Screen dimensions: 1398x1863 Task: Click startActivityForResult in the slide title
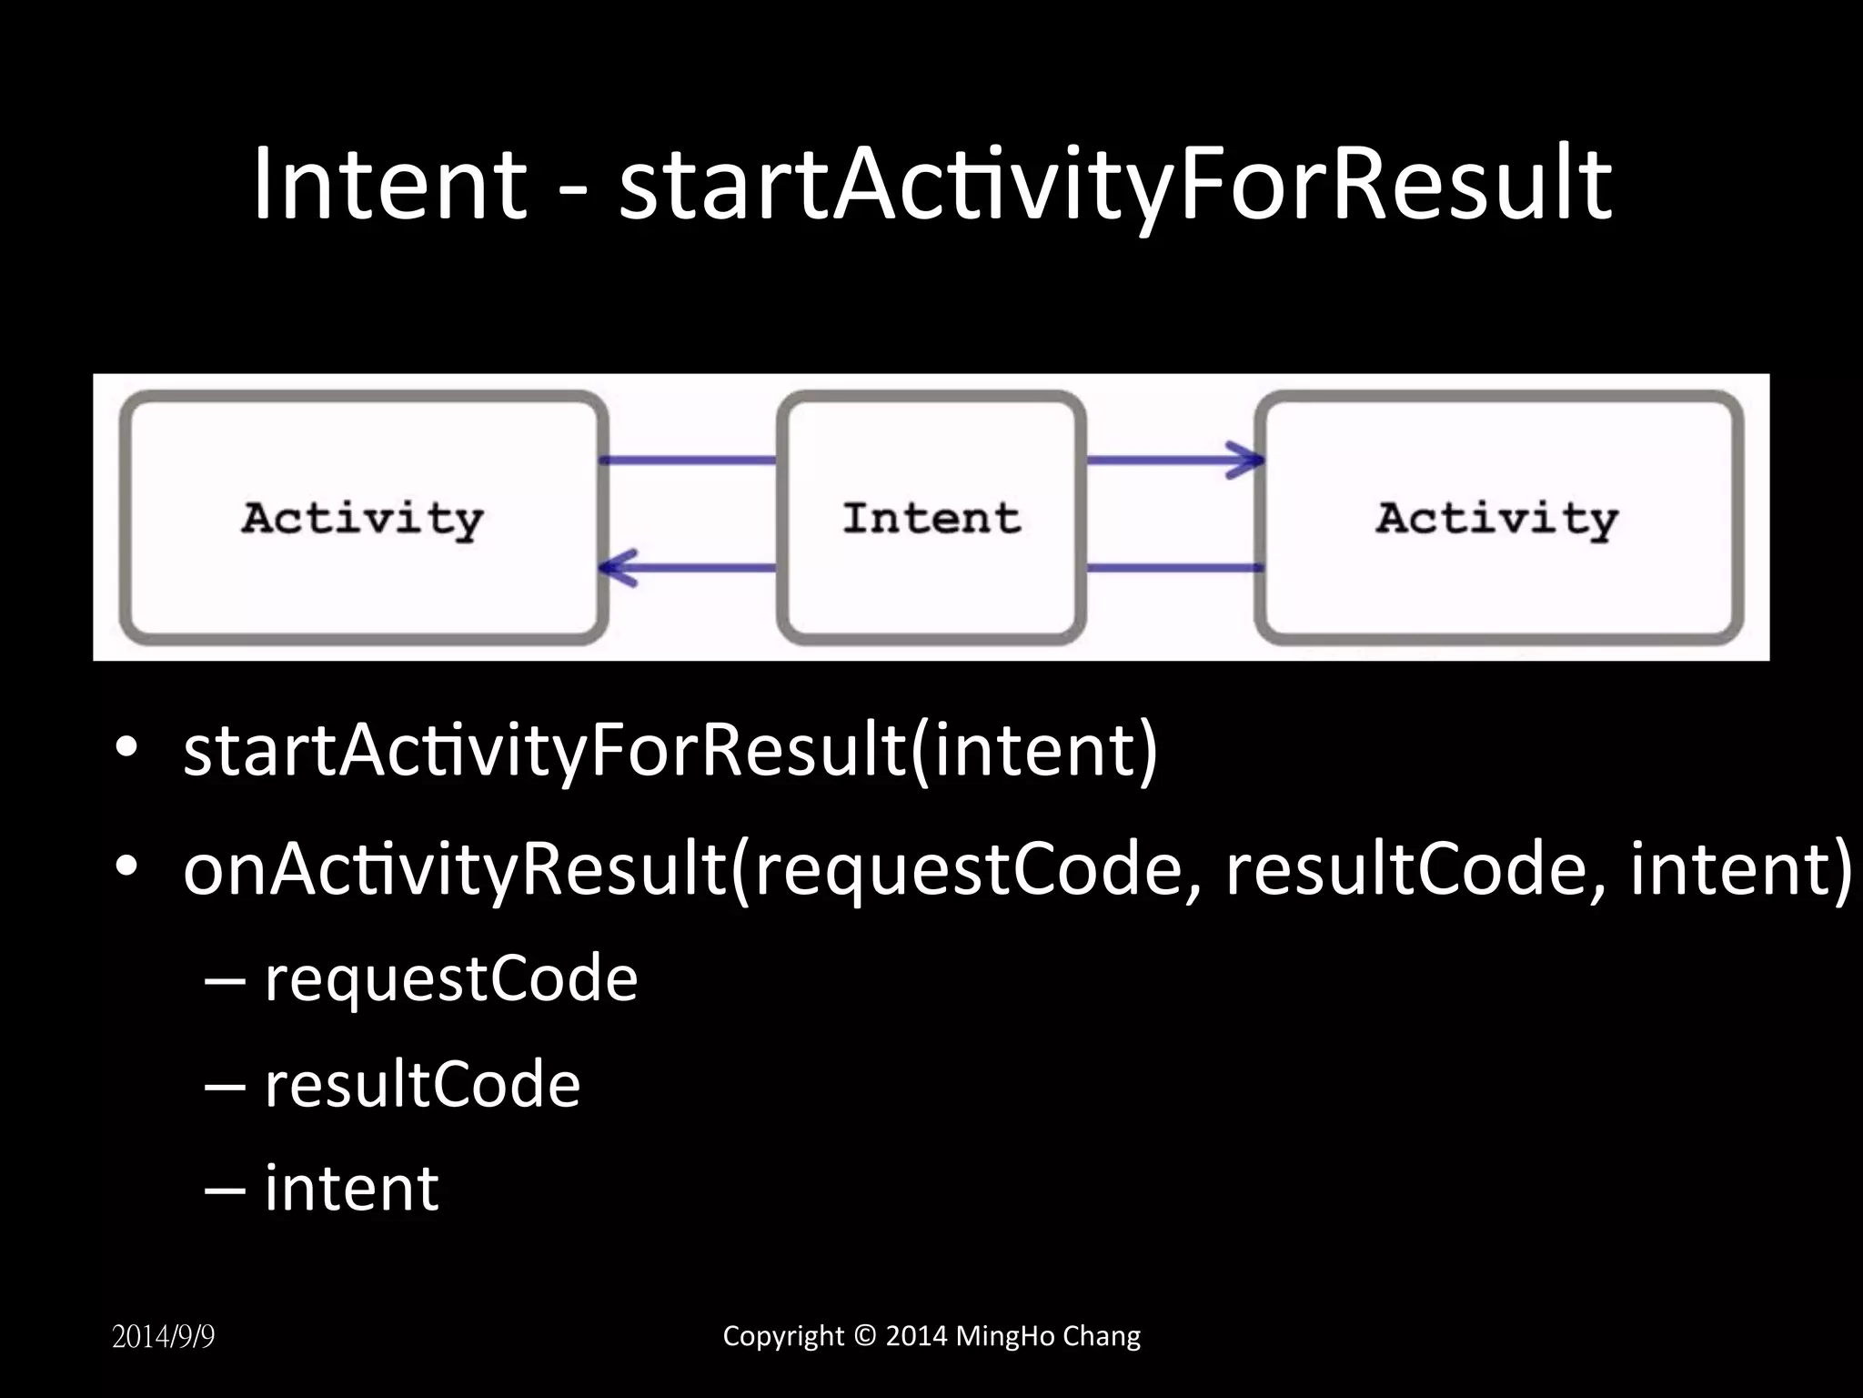(x=1115, y=187)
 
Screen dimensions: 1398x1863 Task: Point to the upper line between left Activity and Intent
(x=689, y=460)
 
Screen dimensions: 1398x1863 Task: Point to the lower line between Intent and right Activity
(x=1173, y=568)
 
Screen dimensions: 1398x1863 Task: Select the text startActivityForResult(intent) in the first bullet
(x=670, y=751)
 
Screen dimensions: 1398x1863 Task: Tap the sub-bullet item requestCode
(x=450, y=979)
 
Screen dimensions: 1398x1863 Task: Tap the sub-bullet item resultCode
(x=421, y=1084)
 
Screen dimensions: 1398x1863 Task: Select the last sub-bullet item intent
(x=351, y=1188)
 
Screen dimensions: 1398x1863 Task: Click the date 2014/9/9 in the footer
(x=164, y=1337)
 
